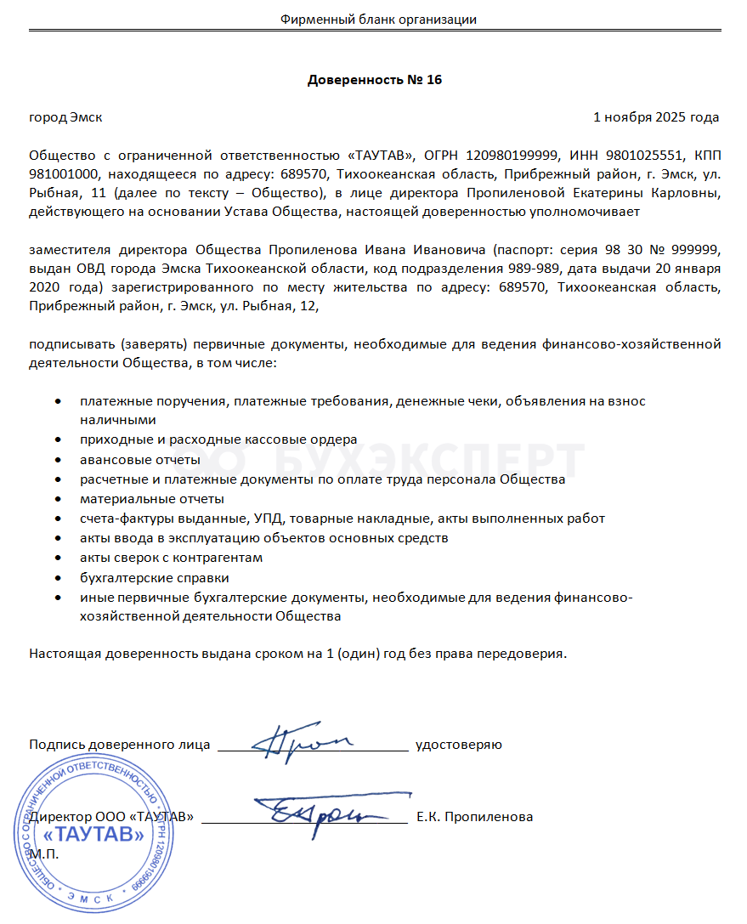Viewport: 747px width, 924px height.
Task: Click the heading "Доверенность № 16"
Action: pos(374,81)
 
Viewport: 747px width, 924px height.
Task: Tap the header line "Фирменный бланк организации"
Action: pos(378,20)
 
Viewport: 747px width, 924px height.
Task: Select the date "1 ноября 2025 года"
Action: pos(656,117)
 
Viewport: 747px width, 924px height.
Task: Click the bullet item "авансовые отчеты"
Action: pos(140,460)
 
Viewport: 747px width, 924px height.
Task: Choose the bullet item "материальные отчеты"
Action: pos(152,498)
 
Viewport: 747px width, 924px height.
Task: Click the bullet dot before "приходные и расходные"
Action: pos(57,439)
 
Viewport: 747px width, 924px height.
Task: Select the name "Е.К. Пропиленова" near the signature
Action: pos(475,817)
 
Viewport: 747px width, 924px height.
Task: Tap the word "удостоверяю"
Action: pos(458,745)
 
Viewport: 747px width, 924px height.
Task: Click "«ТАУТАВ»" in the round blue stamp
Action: pos(99,835)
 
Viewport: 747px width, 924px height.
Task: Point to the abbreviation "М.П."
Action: pos(44,853)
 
